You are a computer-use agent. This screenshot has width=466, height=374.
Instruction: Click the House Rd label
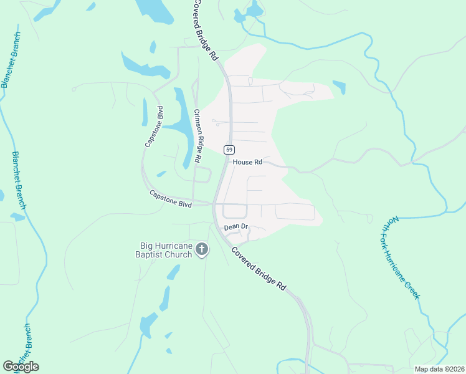(x=247, y=162)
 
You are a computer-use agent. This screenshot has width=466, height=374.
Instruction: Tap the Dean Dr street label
(x=236, y=228)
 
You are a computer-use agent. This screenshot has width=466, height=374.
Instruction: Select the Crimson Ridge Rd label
(x=197, y=137)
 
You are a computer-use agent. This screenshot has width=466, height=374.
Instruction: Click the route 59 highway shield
(x=230, y=150)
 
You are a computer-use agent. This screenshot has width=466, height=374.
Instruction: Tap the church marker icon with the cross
(x=201, y=250)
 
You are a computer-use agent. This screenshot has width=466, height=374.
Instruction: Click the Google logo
(x=21, y=367)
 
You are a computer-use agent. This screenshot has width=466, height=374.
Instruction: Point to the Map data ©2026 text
(x=439, y=369)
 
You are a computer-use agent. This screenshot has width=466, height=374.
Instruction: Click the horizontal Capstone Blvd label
(x=170, y=199)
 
